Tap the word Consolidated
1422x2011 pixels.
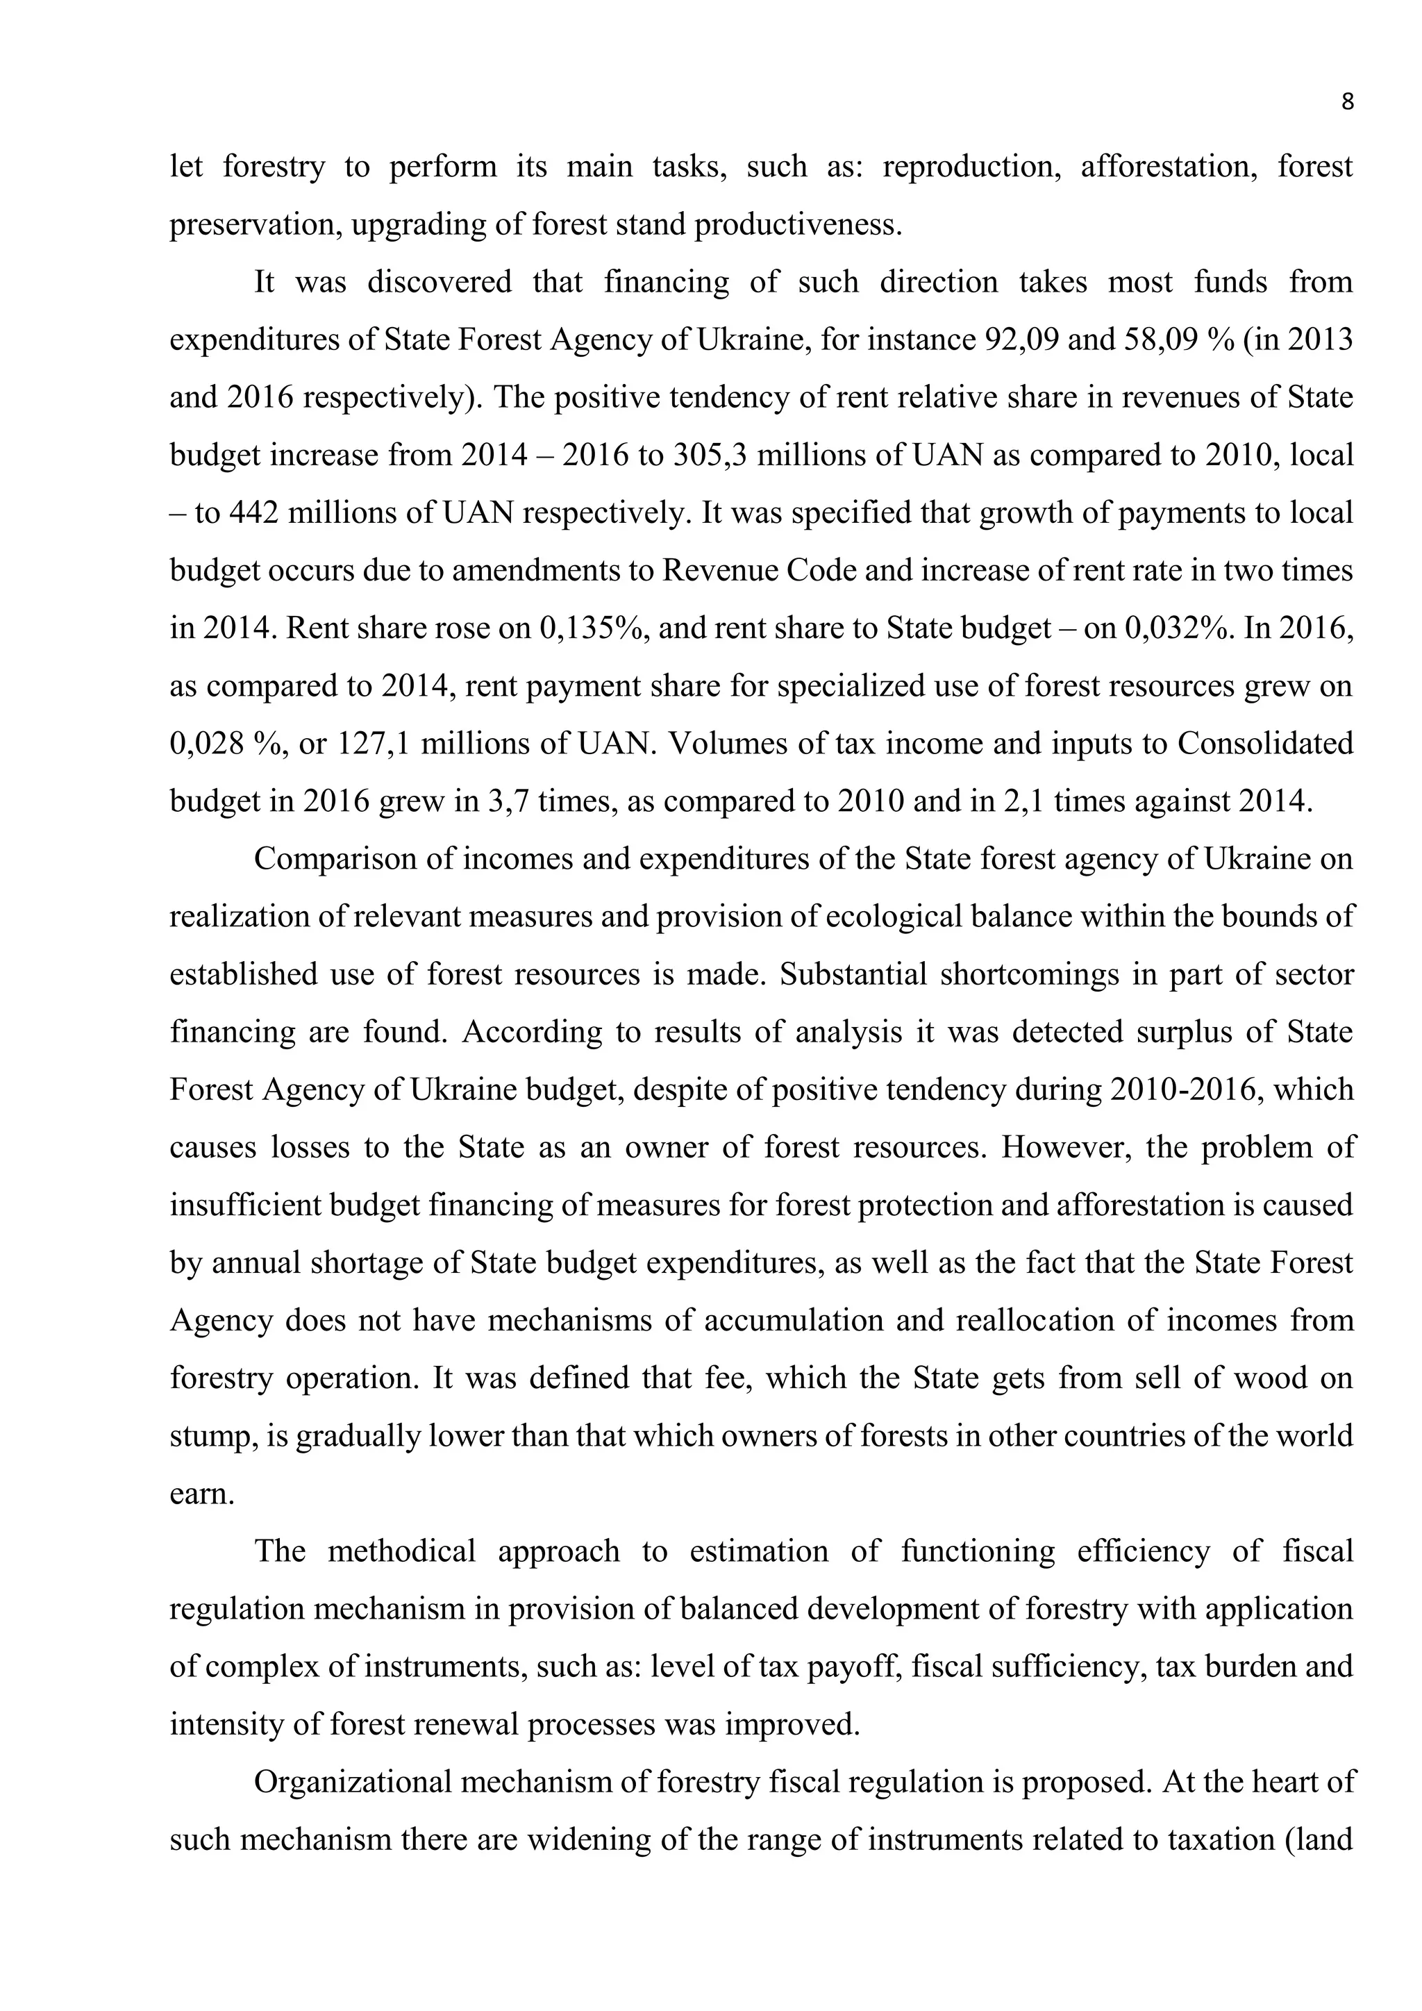tap(1264, 744)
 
